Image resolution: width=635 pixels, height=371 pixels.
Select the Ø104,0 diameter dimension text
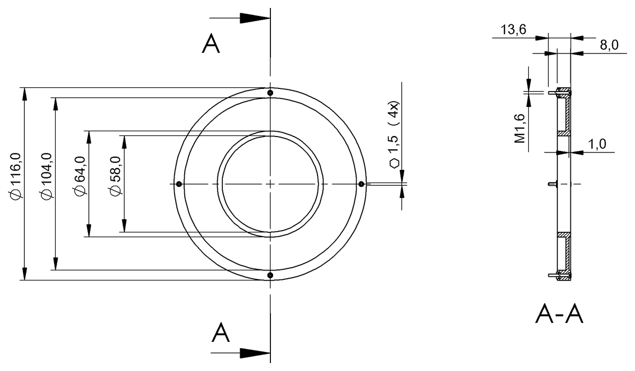[46, 176]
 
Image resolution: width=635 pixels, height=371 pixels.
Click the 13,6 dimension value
[513, 30]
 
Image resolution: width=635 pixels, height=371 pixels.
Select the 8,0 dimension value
[609, 46]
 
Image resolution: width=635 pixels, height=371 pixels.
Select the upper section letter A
[211, 45]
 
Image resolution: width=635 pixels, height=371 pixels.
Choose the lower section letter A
[221, 333]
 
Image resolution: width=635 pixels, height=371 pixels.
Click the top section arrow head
[255, 17]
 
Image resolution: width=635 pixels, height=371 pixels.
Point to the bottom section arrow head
[255, 353]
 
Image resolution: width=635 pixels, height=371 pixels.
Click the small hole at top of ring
[270, 93]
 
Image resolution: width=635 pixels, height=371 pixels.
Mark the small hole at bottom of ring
[270, 275]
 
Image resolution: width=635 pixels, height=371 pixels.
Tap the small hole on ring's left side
[179, 184]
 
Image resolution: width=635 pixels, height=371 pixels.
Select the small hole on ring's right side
[361, 184]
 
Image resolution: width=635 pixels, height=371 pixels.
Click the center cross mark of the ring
[270, 184]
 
